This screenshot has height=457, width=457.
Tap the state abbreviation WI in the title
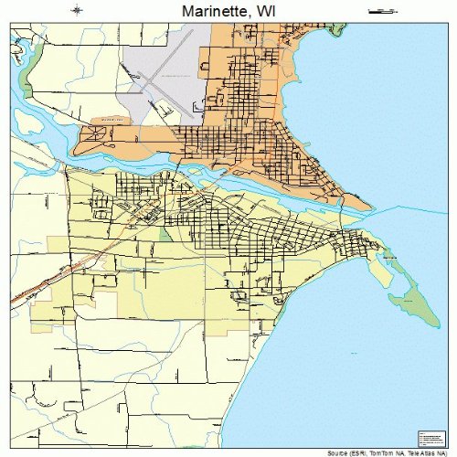coord(267,10)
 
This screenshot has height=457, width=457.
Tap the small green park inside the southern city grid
coord(165,234)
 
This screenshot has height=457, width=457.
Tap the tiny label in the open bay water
coord(390,260)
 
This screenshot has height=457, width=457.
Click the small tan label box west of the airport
coord(109,120)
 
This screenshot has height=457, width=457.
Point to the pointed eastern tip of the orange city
coord(368,205)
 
